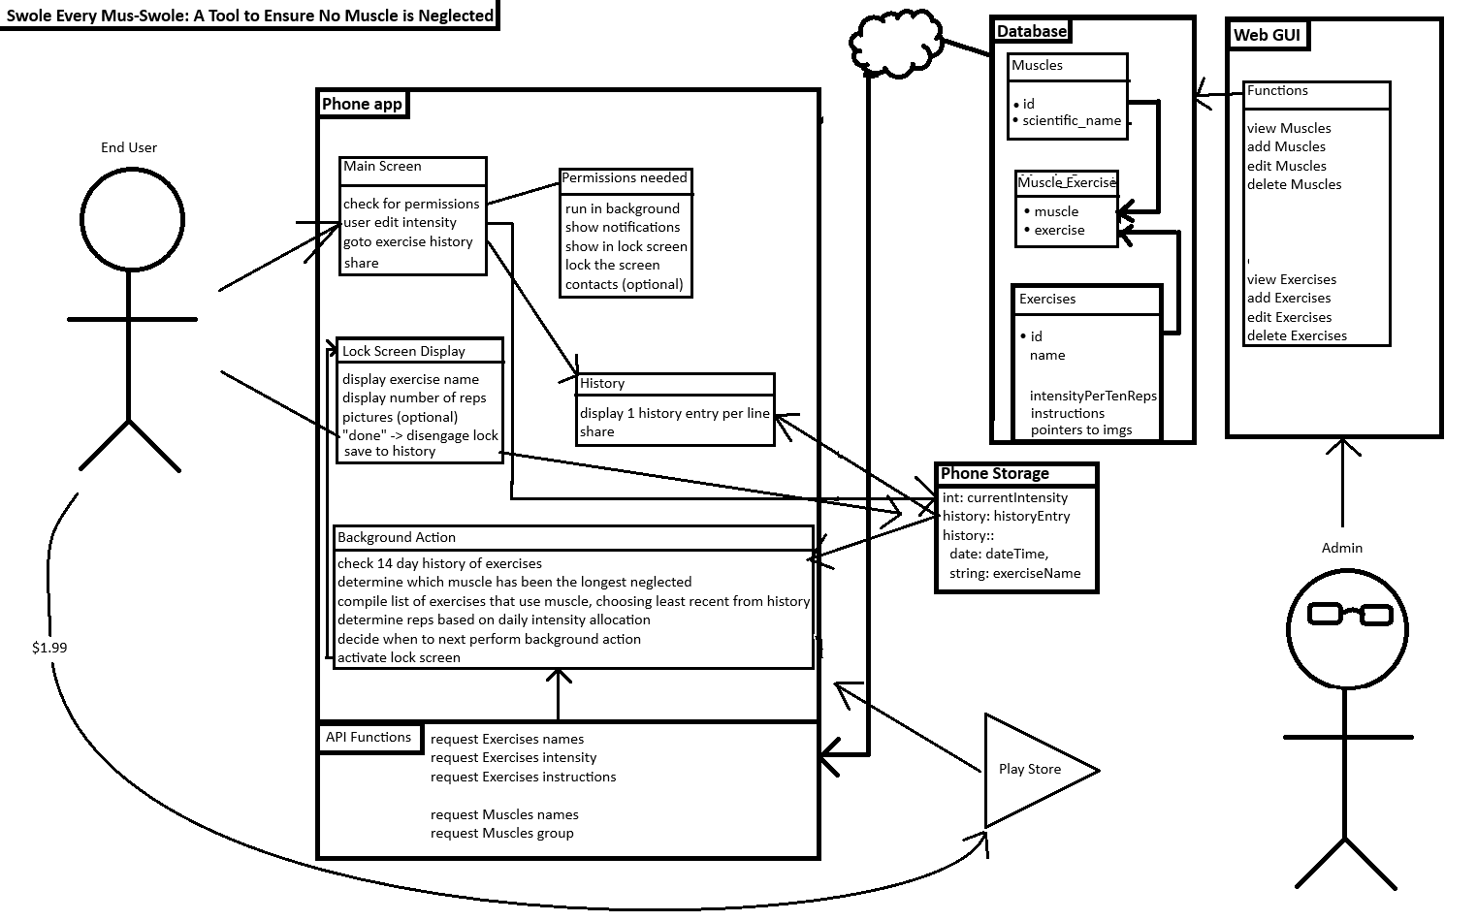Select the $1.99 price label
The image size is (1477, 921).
49,648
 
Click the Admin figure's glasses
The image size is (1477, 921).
1350,614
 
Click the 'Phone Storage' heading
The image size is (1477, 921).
995,474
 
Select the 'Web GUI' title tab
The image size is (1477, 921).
1266,36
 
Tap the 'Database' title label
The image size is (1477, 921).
1032,31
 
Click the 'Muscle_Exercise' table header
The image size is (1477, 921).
1066,182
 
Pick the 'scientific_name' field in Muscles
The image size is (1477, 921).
1072,121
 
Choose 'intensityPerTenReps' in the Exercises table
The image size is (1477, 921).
1093,396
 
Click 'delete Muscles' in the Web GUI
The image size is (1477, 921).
1294,184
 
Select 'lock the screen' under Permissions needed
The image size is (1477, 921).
612,265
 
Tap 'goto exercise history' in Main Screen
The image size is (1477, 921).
408,241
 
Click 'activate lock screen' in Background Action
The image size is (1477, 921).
399,657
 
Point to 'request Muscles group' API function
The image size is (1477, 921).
501,833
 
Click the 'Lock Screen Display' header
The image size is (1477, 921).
403,351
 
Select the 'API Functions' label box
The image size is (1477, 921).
369,738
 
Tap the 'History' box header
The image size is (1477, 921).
602,384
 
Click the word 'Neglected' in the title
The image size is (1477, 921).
456,16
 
